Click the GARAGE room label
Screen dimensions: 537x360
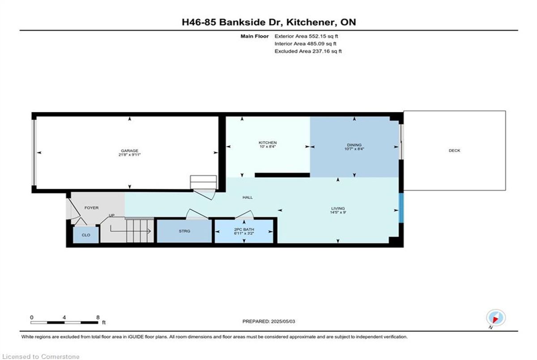click(x=129, y=151)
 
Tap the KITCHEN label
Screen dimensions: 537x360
click(x=268, y=143)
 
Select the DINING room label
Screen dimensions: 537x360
click(x=354, y=145)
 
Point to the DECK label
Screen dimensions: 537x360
click(x=455, y=150)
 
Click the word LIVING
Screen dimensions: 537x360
click(x=338, y=208)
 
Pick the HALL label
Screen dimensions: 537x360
click(x=247, y=197)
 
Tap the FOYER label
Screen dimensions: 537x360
click(x=92, y=208)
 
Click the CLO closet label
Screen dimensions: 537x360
click(x=86, y=235)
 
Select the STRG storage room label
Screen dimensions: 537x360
click(x=184, y=231)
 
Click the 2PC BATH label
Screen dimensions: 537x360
click(x=244, y=229)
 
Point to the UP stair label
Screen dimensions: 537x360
click(x=111, y=216)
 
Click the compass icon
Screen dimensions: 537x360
click(x=496, y=318)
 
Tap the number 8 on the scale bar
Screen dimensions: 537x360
click(x=98, y=318)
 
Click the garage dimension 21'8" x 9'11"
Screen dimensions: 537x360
click(x=129, y=155)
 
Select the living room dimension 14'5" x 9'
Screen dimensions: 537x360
click(x=338, y=212)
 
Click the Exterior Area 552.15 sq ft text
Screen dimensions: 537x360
click(x=306, y=36)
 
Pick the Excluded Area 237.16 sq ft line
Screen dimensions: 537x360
click(x=308, y=51)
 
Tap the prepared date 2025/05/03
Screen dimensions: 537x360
click(x=283, y=322)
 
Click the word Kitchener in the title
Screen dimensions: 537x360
click(x=310, y=22)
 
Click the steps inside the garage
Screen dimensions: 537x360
click(x=203, y=182)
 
